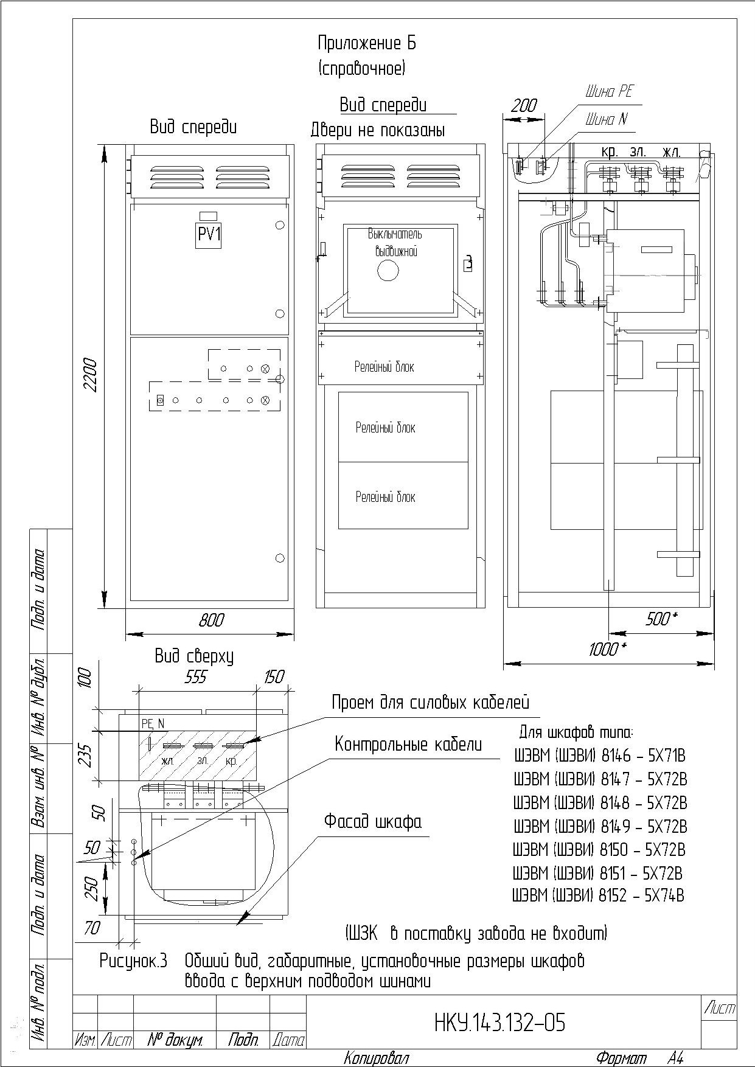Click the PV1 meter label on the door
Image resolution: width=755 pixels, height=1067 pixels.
pos(209,234)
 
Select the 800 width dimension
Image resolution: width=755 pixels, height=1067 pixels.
pos(211,620)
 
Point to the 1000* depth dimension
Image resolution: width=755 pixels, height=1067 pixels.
pos(607,649)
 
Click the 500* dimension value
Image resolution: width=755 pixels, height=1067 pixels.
pos(661,619)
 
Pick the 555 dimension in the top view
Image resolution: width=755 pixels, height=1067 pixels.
pos(196,677)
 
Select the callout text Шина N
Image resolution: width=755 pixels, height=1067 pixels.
pos(606,119)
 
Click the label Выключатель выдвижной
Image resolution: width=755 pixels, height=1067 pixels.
pos(395,242)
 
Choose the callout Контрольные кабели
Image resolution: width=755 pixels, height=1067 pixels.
pos(408,744)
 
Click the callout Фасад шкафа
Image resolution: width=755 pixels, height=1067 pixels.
pos(372,821)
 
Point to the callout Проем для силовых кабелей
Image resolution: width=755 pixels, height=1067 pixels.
pos(430,703)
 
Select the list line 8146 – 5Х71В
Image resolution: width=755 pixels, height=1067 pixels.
pos(600,756)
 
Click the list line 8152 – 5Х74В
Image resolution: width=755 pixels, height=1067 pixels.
pos(599,895)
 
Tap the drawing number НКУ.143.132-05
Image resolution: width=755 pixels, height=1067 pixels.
pos(499,1023)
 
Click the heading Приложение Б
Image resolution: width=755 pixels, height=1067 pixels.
pos(367,43)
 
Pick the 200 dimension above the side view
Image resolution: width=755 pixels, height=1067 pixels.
pos(524,105)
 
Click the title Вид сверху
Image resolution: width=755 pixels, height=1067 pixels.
pos(193,656)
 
